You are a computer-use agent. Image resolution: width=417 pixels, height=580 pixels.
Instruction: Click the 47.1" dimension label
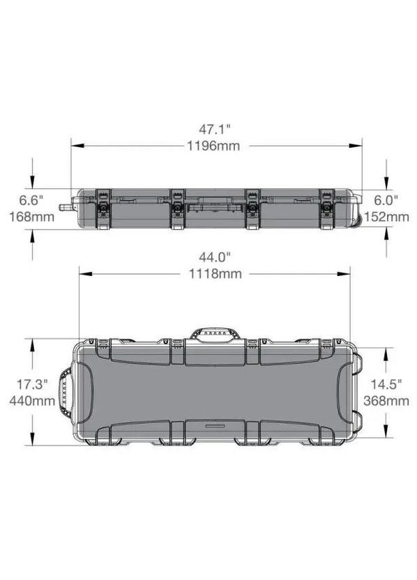point(214,129)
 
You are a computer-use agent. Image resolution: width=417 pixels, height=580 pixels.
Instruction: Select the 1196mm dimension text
point(214,146)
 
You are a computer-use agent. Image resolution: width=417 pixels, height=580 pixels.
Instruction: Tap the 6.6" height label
point(31,200)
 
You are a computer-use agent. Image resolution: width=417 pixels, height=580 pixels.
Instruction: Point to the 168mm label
point(31,217)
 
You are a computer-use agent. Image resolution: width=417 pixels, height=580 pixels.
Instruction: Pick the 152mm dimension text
point(386,217)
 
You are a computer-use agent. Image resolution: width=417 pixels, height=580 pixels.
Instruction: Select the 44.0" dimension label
point(214,257)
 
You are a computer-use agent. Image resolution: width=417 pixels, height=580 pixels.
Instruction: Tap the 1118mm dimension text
point(214,274)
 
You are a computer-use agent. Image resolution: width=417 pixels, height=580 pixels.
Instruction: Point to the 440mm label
point(31,401)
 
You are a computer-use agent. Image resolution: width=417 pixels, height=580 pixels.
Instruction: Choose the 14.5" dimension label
point(386,384)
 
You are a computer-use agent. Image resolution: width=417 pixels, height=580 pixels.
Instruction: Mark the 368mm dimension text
point(386,401)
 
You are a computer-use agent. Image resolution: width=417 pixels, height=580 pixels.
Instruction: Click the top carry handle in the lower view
point(215,334)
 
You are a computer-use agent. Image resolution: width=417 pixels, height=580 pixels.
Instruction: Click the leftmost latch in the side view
point(104,208)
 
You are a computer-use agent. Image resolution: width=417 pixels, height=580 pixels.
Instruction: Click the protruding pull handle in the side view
point(66,207)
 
